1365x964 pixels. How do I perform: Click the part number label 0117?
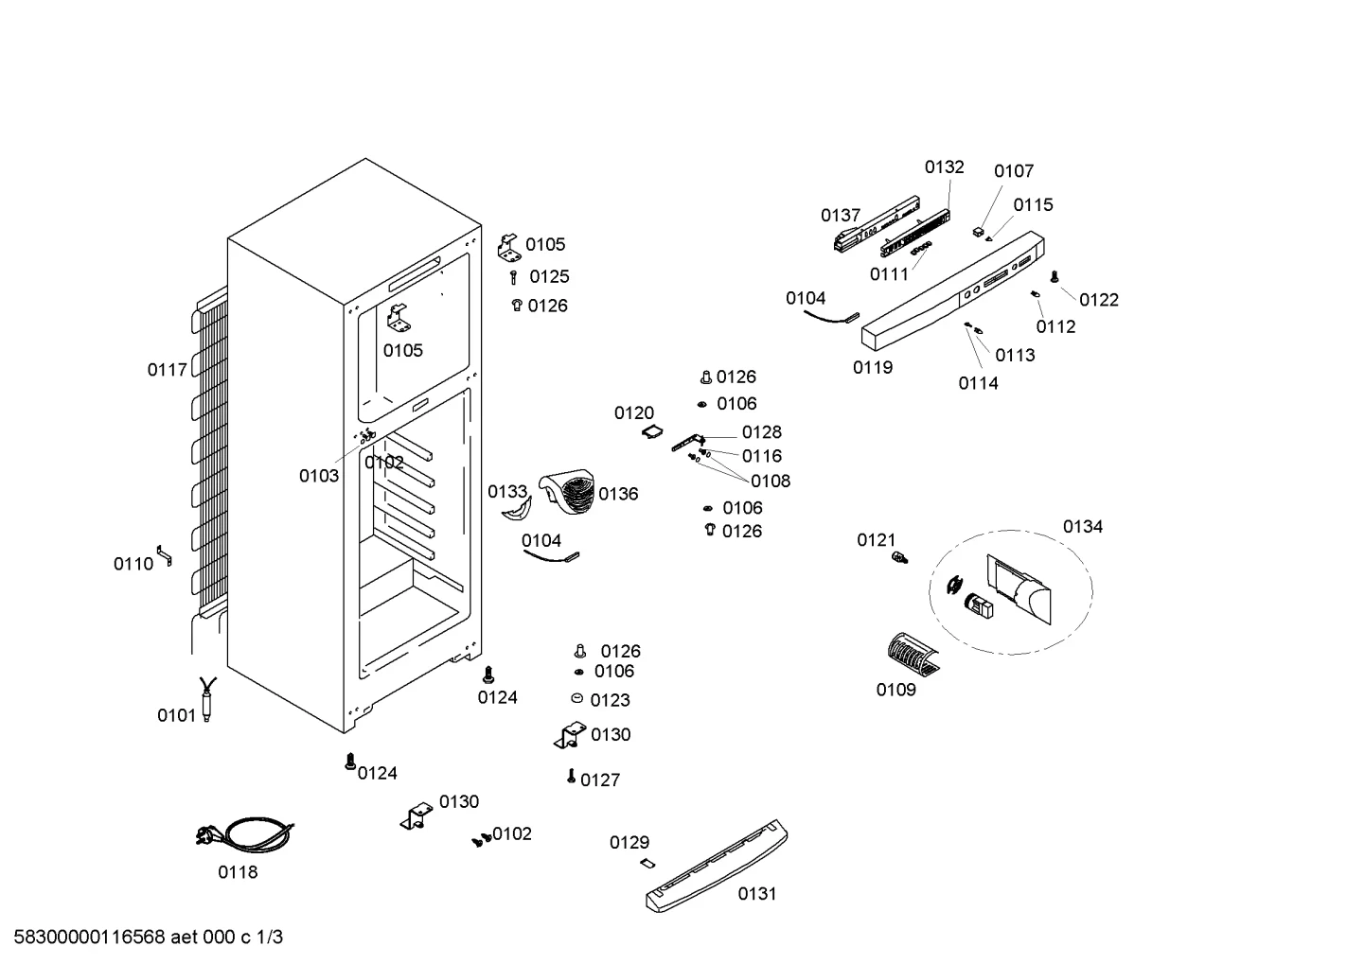[x=167, y=370]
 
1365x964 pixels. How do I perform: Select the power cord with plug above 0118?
[x=245, y=834]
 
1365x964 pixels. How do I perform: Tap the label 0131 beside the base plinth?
[x=757, y=893]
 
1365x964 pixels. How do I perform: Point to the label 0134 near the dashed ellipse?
[x=1083, y=526]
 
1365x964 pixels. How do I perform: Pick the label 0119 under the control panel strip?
[x=873, y=367]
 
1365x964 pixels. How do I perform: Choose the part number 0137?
[x=841, y=215]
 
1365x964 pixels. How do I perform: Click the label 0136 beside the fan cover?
[x=618, y=493]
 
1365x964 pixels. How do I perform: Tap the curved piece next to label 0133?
[x=517, y=510]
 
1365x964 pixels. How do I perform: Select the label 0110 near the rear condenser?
[x=133, y=564]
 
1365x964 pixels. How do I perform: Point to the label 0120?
[x=634, y=412]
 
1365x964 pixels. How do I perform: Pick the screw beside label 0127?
[x=571, y=776]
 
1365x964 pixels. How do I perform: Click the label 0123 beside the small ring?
[x=610, y=700]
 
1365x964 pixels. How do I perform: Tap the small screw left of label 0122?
[x=1055, y=277]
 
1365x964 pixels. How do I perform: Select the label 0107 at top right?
[x=1014, y=171]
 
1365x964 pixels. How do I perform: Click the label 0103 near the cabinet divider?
[x=319, y=476]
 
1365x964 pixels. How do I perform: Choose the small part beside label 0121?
[x=899, y=556]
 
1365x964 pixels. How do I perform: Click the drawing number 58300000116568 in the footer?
[x=90, y=937]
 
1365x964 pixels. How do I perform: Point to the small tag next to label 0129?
[x=647, y=863]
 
